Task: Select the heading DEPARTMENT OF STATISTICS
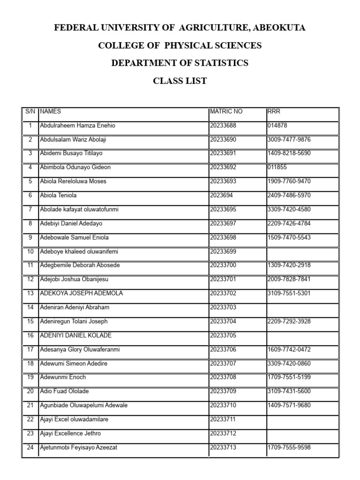180,63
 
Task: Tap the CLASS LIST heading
180,81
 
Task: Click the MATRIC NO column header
226,112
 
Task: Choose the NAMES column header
51,112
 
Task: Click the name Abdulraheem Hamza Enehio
78,126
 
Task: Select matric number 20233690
224,140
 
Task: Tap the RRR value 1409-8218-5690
289,153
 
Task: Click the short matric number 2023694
223,195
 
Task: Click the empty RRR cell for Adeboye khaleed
302,252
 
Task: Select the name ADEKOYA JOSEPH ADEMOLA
82,293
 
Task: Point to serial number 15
30,322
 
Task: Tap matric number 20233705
224,336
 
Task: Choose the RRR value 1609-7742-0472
289,350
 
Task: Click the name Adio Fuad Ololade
65,391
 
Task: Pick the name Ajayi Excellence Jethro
71,434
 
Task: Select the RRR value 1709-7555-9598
289,448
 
